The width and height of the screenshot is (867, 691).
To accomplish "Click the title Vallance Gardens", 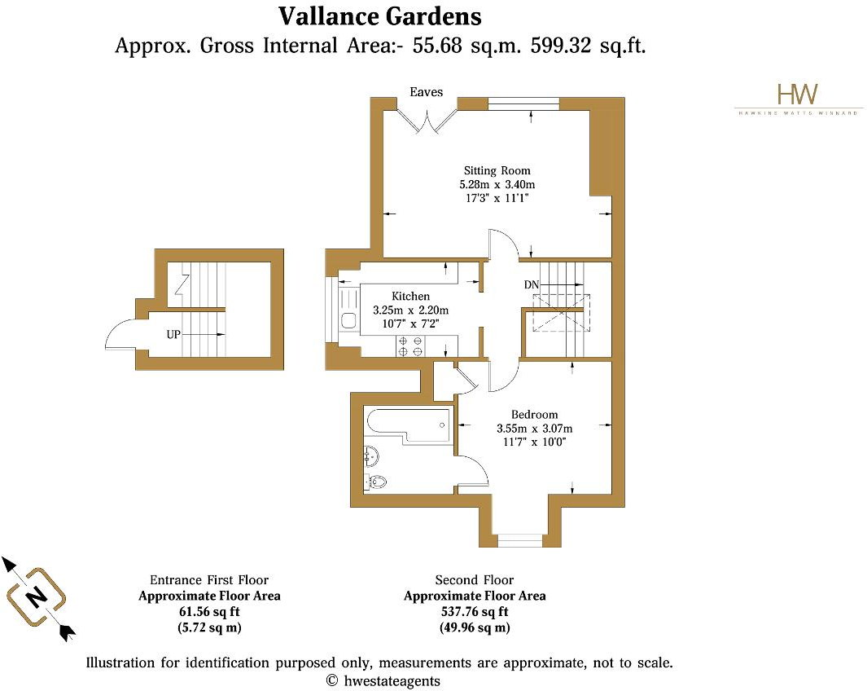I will pos(379,15).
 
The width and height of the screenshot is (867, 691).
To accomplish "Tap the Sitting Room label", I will pos(497,170).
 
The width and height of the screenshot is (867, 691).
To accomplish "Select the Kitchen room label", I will pos(410,296).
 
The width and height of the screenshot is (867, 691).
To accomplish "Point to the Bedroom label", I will pos(534,415).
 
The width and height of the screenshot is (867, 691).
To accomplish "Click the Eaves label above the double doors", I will pos(426,92).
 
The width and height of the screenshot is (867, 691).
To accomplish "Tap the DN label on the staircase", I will pos(532,284).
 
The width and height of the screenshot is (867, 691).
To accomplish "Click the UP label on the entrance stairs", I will pos(174,335).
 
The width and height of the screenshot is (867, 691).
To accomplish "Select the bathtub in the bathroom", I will pos(408,425).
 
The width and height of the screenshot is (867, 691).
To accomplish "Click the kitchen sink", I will pos(348,320).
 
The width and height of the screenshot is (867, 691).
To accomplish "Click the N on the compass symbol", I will pos(37,596).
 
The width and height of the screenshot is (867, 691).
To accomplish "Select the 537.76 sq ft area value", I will pos(475,612).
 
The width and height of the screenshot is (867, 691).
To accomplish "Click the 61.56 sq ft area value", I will pos(209,612).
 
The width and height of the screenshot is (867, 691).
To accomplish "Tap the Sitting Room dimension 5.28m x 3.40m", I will pos(497,184).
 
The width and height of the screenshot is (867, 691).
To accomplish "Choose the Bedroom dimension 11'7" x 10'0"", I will pos(534,442).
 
